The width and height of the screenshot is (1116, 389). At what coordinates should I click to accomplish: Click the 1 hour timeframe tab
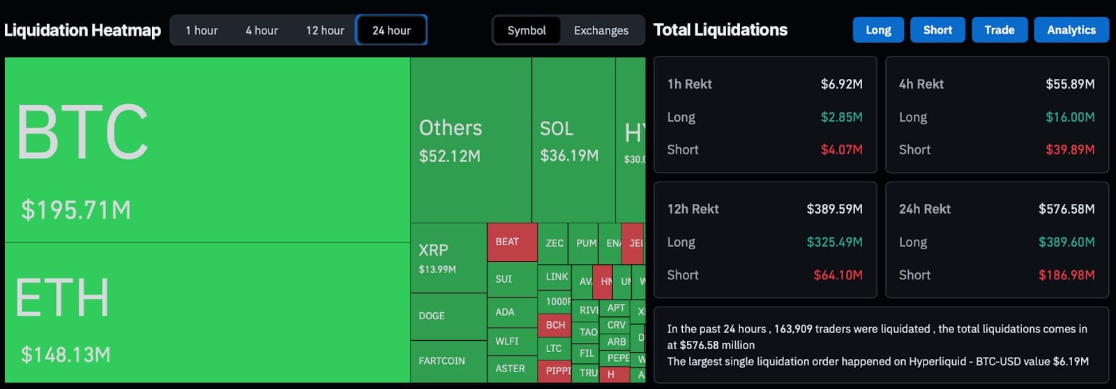click(x=202, y=31)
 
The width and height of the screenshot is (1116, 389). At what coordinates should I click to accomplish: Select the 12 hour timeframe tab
click(x=325, y=31)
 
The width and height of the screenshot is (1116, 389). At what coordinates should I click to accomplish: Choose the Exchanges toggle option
click(x=601, y=31)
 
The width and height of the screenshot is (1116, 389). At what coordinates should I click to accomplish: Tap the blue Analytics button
click(x=1071, y=30)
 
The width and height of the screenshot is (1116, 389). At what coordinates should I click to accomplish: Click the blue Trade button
click(x=999, y=30)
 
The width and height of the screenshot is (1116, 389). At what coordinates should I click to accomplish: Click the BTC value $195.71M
click(x=76, y=210)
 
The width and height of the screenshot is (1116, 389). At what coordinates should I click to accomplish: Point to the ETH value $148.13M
click(x=66, y=355)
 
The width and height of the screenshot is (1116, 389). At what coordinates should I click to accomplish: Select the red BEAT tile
click(x=511, y=242)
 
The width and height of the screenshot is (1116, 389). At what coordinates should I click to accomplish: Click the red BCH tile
click(x=555, y=325)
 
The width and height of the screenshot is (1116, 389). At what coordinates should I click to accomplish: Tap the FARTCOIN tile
click(x=442, y=361)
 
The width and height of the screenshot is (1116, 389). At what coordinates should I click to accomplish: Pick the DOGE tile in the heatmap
click(x=432, y=316)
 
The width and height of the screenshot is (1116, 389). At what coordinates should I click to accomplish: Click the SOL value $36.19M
click(x=569, y=156)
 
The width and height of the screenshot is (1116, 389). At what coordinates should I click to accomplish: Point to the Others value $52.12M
click(x=450, y=156)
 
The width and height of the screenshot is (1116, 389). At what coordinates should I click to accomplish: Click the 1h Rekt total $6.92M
click(x=841, y=85)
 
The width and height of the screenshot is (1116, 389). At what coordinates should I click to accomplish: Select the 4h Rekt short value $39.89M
click(x=1069, y=150)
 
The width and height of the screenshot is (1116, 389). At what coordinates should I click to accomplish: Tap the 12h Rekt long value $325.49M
click(x=834, y=242)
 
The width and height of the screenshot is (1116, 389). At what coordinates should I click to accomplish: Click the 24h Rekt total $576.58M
click(x=1066, y=210)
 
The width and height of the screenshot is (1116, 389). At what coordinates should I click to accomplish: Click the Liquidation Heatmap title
click(x=82, y=31)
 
